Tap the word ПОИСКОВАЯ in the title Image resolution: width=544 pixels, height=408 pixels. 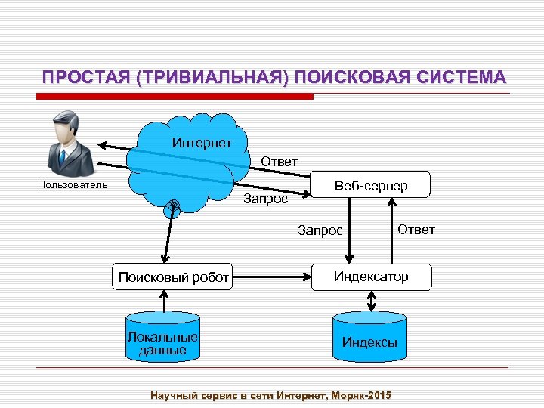click(345, 78)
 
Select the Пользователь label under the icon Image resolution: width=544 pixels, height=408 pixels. click(73, 185)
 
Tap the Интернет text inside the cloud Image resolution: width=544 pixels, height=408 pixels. click(202, 143)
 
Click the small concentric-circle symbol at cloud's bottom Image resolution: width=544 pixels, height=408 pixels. click(173, 205)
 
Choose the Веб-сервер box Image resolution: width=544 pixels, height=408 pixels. click(371, 185)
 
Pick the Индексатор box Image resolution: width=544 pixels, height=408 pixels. click(372, 277)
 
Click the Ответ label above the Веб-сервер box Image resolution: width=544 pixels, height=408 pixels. click(279, 161)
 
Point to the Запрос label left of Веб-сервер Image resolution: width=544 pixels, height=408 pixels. click(265, 199)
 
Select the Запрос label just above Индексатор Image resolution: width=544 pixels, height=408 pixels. click(320, 230)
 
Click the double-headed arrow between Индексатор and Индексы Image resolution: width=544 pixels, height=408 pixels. click(370, 301)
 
